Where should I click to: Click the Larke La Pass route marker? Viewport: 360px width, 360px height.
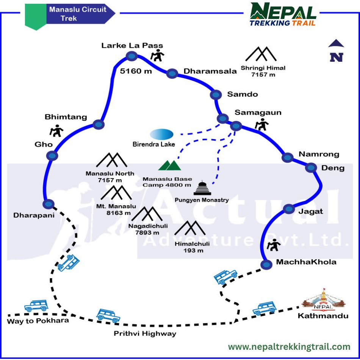(x=132, y=56)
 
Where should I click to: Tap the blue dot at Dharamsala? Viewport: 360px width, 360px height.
(x=172, y=74)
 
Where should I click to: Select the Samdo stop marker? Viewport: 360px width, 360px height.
(x=216, y=95)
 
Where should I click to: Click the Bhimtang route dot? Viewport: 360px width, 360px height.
(x=99, y=125)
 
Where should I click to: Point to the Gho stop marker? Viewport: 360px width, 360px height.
(x=52, y=156)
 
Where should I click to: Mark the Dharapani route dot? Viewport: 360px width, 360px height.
(x=49, y=204)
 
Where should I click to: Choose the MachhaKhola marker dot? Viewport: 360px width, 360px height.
(x=266, y=265)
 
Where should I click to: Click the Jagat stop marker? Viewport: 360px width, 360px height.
(x=289, y=209)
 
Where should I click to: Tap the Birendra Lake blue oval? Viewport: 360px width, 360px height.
(x=162, y=134)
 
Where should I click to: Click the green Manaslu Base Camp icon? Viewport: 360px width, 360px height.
(x=170, y=165)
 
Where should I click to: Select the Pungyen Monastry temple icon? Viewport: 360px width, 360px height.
(x=202, y=188)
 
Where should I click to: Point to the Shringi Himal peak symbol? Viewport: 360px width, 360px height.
(x=261, y=54)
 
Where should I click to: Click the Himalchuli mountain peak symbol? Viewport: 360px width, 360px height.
(x=190, y=228)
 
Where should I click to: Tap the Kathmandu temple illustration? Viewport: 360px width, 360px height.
(x=324, y=300)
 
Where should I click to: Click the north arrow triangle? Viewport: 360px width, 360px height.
(x=336, y=44)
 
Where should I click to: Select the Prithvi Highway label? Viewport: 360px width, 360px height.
(x=145, y=333)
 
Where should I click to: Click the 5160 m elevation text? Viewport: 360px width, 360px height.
(x=136, y=71)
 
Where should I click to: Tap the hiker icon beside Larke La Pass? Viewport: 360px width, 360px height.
(x=158, y=55)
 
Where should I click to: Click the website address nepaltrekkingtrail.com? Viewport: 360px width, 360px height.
(x=289, y=347)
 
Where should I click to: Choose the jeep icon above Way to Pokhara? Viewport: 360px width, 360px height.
(x=36, y=306)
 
